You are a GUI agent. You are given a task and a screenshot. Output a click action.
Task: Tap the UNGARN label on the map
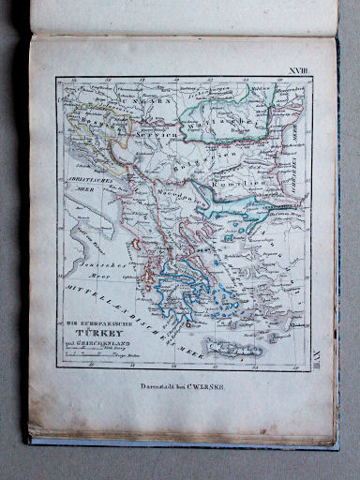point(148,96)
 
